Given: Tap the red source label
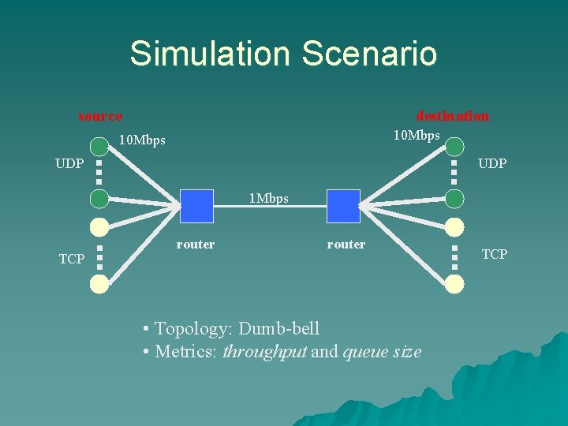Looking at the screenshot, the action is [100, 117].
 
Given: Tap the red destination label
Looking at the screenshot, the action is [452, 116].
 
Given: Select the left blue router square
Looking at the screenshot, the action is [196, 206].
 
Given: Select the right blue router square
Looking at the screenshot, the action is [343, 206].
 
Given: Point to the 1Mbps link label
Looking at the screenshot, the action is [269, 198].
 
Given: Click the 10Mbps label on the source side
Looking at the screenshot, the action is [142, 140].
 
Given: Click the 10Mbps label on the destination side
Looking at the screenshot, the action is [417, 136].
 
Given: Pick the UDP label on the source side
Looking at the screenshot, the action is [69, 164].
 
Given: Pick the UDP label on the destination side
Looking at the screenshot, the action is [491, 164].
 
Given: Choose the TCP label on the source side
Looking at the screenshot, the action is [72, 259].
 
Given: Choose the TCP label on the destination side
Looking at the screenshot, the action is [495, 254].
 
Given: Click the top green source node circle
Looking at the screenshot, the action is [99, 147].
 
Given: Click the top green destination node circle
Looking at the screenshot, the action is [454, 147].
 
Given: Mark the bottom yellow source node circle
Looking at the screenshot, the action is [99, 284].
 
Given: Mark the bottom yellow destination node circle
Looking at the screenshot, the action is [454, 284].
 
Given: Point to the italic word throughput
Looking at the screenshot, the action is [264, 352].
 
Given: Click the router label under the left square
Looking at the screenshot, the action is [196, 245].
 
